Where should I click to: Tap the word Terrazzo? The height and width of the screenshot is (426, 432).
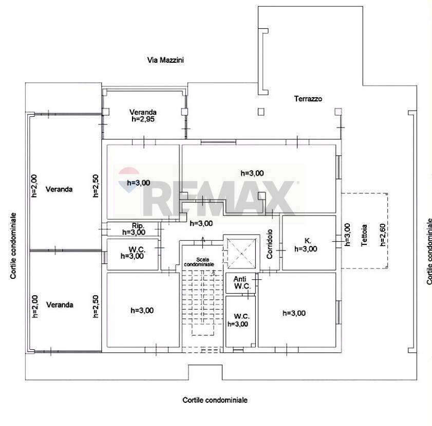coord(308,99)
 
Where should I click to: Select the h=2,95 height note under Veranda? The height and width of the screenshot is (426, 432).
coord(143,119)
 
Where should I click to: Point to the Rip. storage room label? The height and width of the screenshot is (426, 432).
coord(137,225)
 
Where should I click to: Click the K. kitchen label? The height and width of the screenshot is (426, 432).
coord(308,240)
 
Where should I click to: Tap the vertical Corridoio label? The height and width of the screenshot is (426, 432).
coord(269,244)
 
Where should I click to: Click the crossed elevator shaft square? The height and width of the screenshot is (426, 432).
coord(240,252)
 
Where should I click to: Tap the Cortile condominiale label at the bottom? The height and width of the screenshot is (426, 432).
coord(215,400)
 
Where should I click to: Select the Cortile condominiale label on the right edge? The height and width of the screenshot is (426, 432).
coord(429,251)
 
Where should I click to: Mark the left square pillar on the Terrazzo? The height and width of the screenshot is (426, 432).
coord(261,111)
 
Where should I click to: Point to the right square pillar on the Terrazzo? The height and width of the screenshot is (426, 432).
coord(337,111)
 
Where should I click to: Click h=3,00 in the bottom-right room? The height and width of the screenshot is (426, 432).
coord(294,313)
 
